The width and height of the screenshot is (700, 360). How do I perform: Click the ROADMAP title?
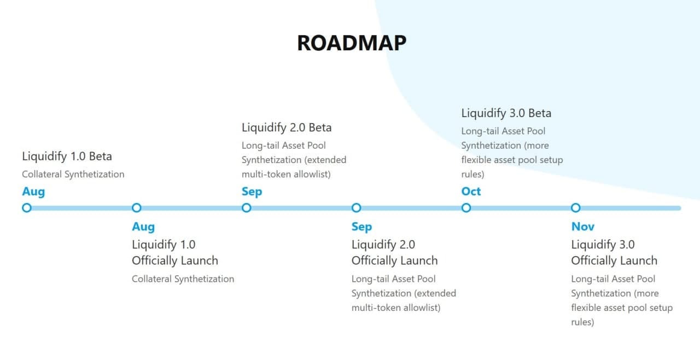[x=352, y=43]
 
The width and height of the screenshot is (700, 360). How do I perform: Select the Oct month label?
[x=471, y=191]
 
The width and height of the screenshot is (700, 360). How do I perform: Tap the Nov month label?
[x=583, y=227]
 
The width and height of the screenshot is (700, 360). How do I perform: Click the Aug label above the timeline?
[x=33, y=192]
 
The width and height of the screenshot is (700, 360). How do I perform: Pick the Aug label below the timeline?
[x=143, y=227]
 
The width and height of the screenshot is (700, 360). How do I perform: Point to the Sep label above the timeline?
[x=252, y=192]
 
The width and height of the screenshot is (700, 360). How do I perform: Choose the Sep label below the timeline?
[x=361, y=227]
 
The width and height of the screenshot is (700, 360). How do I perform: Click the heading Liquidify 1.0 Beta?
[x=67, y=156]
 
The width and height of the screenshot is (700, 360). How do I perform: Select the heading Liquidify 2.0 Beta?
[x=287, y=127]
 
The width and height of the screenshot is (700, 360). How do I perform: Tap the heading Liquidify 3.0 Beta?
[x=506, y=113]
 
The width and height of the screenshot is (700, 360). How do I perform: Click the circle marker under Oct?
[x=466, y=208]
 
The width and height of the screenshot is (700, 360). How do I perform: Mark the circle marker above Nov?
[x=576, y=208]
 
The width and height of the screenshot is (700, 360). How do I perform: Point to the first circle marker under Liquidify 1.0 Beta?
[x=27, y=208]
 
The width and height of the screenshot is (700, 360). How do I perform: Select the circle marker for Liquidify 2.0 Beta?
[x=247, y=208]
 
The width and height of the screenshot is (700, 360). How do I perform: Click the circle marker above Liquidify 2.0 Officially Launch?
[x=356, y=208]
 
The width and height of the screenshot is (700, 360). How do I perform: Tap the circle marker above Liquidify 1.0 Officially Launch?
[x=137, y=208]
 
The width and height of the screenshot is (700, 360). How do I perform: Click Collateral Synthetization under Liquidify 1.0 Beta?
[x=73, y=175]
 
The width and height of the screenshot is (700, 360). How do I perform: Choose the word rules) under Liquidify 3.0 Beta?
[x=473, y=175]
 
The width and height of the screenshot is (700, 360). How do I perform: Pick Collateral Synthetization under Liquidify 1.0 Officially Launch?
[x=183, y=279]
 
